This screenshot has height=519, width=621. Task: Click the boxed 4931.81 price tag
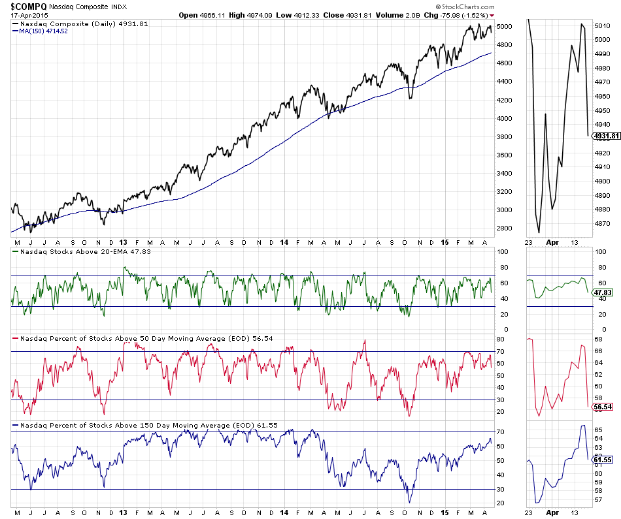pos(606,136)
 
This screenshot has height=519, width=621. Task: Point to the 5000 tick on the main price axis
pos(504,26)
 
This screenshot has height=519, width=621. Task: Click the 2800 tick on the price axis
pos(504,228)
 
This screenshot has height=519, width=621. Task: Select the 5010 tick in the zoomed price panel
pos(601,26)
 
